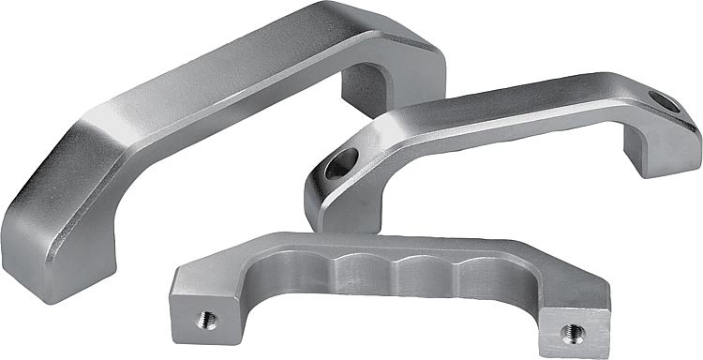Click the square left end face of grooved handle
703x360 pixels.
pyautogui.click(x=202, y=314)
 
